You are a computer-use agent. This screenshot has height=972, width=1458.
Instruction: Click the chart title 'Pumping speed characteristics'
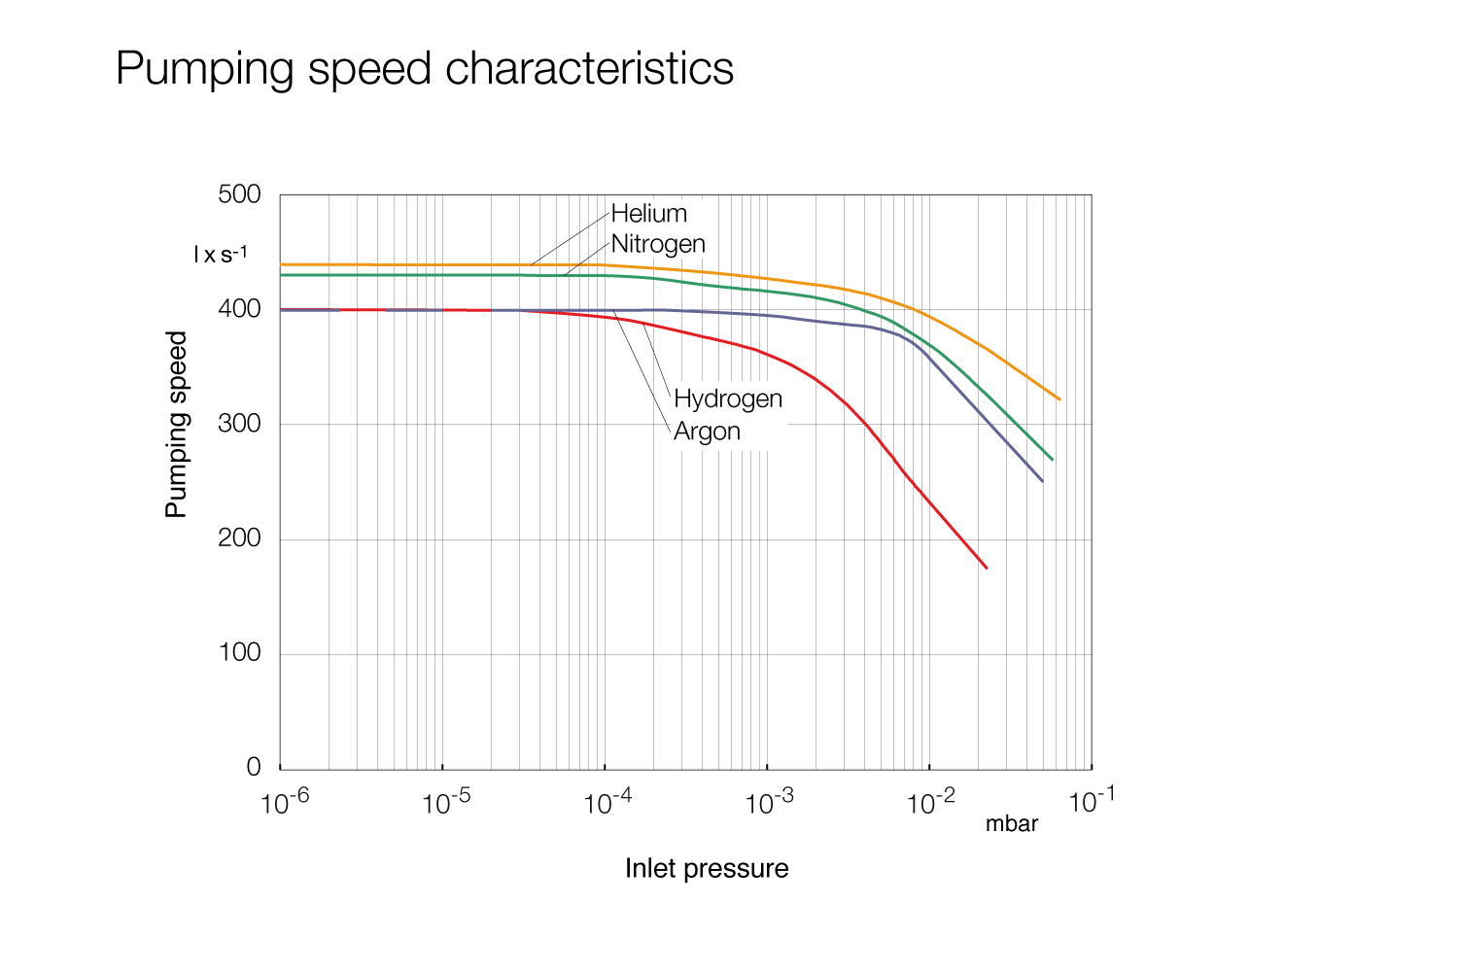click(x=424, y=69)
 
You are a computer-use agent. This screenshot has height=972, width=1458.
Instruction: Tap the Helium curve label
click(x=648, y=214)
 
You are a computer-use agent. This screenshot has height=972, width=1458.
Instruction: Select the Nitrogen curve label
click(x=658, y=244)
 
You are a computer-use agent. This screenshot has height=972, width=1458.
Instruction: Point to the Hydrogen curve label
click(x=727, y=399)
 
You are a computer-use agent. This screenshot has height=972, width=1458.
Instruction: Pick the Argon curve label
click(x=707, y=432)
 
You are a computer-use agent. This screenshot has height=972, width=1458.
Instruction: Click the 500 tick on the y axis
click(x=239, y=194)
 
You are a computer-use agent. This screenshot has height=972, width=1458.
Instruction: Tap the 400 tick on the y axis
click(x=239, y=309)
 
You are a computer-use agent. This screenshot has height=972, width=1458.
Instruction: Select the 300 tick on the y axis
click(x=239, y=424)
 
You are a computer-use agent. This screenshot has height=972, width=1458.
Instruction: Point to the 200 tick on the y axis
click(x=239, y=538)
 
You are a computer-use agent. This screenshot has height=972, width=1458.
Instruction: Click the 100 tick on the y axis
click(x=239, y=653)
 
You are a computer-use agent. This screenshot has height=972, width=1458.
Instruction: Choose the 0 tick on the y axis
click(x=254, y=768)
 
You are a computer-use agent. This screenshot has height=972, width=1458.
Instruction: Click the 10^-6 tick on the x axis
click(x=285, y=803)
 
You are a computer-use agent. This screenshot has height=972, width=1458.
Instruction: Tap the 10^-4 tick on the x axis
click(x=607, y=803)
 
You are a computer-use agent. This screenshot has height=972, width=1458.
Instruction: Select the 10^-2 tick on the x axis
click(x=930, y=803)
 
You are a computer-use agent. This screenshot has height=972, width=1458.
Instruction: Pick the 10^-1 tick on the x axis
click(x=1092, y=803)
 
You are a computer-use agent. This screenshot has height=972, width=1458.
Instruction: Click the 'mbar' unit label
click(x=1012, y=824)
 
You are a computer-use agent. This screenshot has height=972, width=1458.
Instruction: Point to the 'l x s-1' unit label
click(x=221, y=255)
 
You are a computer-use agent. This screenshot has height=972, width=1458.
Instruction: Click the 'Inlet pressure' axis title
click(x=707, y=868)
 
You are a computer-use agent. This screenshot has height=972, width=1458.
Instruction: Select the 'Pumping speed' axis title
click(x=176, y=424)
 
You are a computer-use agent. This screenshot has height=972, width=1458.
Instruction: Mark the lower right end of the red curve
click(x=987, y=568)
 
